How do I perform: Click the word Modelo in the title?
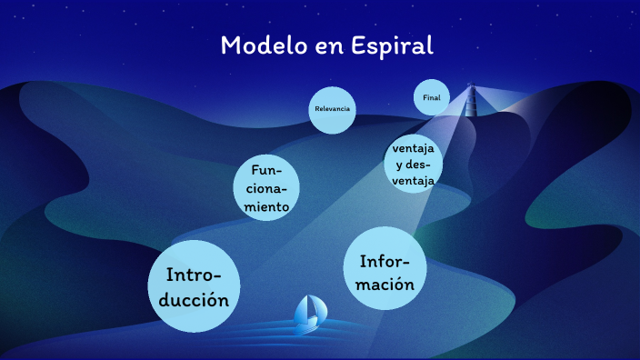(x=263, y=45)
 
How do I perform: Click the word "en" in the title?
(x=326, y=46)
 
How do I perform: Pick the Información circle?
(x=386, y=270)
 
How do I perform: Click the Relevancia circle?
(x=331, y=109)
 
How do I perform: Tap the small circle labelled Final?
(x=432, y=97)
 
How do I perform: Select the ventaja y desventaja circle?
(x=414, y=165)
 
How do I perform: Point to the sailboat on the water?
(x=309, y=314)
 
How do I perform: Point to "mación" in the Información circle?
(x=386, y=284)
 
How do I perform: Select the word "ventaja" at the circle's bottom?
(x=414, y=180)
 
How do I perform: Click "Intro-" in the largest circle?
(x=201, y=275)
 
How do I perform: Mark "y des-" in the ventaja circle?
(x=414, y=165)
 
